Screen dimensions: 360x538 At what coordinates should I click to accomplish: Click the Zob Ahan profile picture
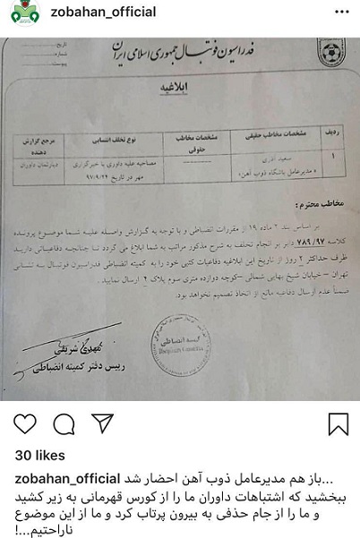pos(19,13)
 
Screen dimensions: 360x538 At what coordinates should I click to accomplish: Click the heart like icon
pos(25,423)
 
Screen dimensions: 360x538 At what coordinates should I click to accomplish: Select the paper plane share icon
pos(102,423)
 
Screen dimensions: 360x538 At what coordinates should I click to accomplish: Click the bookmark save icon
pos(338,423)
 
